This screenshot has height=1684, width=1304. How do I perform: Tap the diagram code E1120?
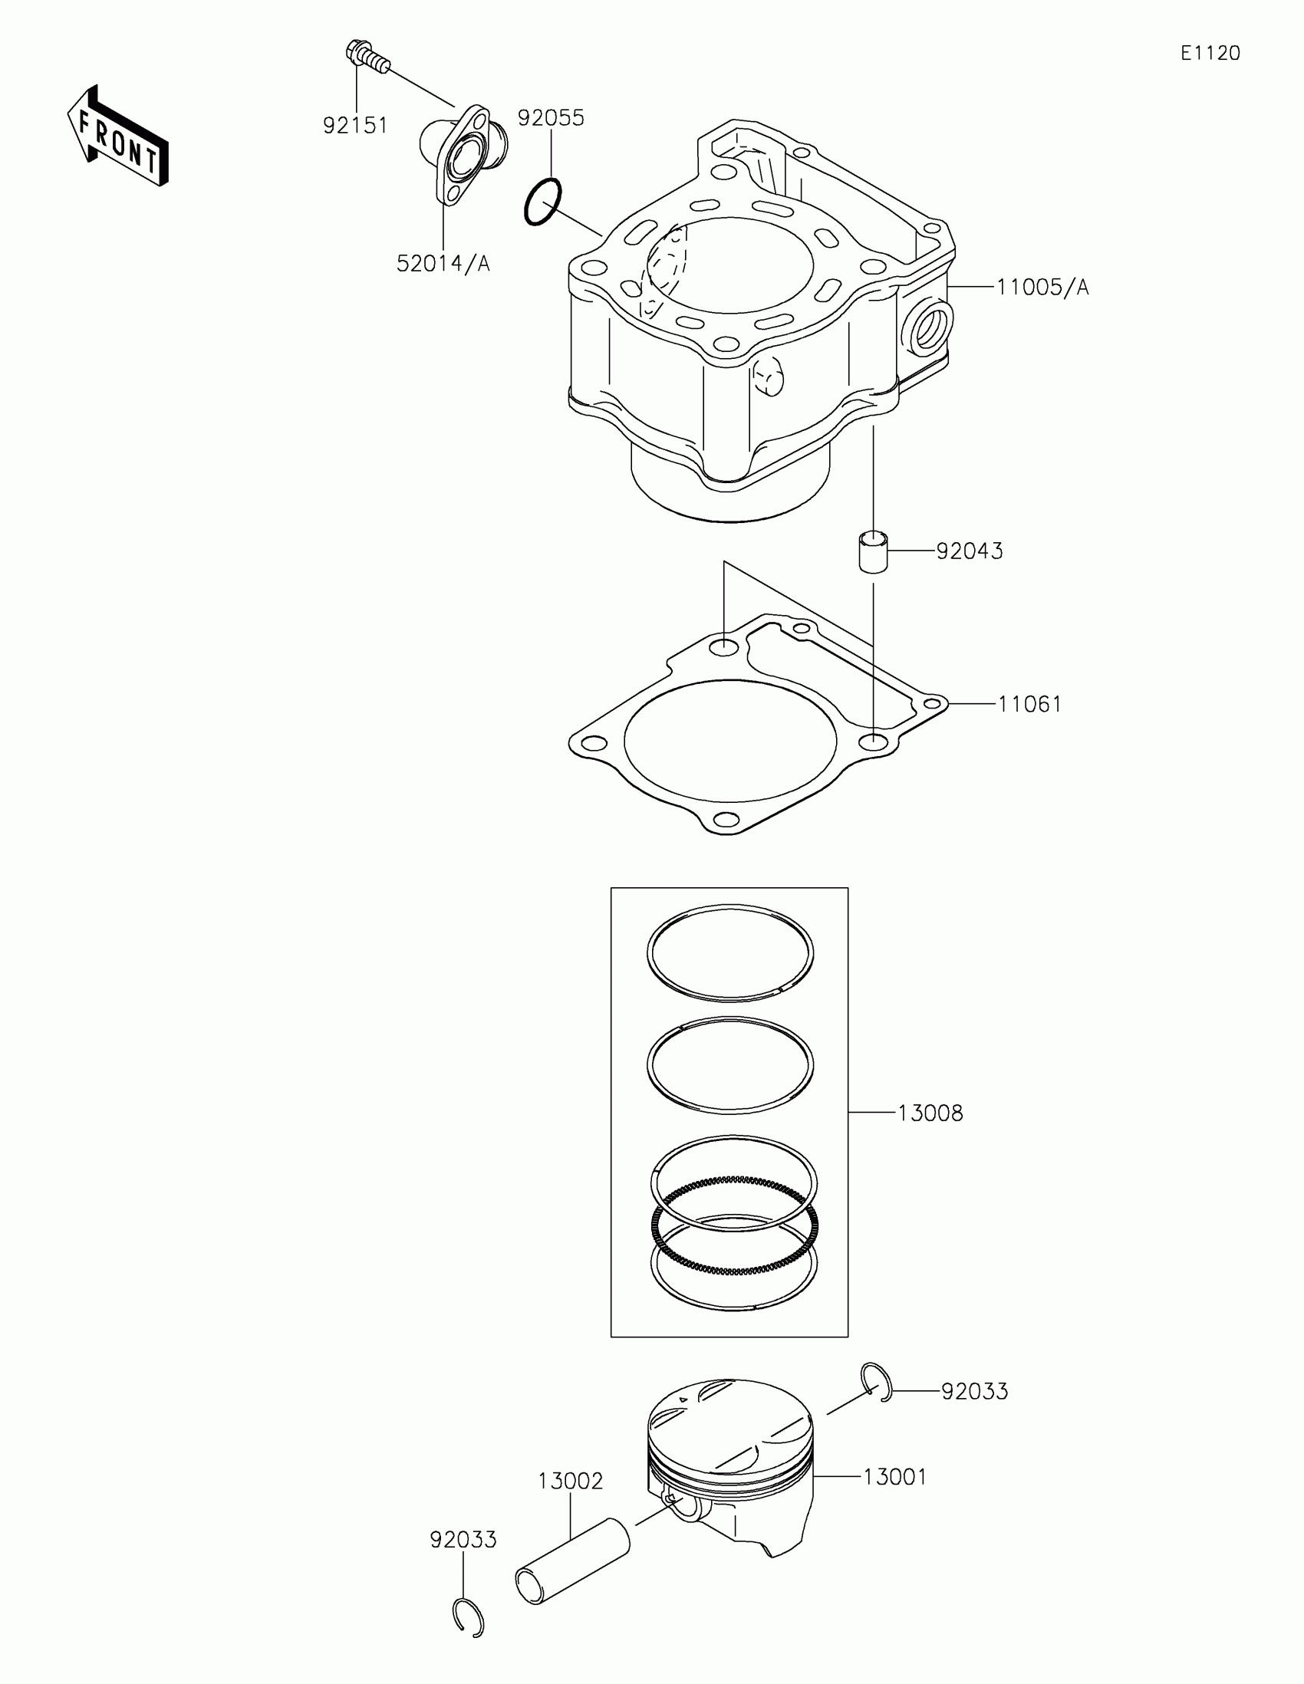pyautogui.click(x=1210, y=52)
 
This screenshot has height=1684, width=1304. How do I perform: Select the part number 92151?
pyautogui.click(x=354, y=125)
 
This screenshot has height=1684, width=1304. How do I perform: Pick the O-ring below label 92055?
pyautogui.click(x=543, y=202)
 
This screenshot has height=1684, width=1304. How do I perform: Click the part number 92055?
pyautogui.click(x=551, y=118)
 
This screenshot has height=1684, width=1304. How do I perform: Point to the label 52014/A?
pyautogui.click(x=443, y=264)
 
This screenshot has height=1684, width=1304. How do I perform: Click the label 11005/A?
pyautogui.click(x=1042, y=288)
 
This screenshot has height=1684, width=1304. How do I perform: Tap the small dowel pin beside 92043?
pyautogui.click(x=873, y=551)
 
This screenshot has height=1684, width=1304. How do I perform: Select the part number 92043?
pyautogui.click(x=970, y=551)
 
